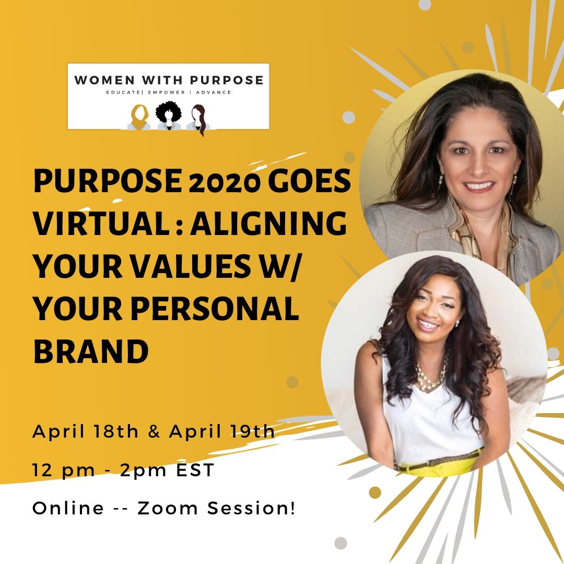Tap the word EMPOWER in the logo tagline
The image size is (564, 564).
pos(167,92)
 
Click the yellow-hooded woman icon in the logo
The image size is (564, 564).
pos(139,117)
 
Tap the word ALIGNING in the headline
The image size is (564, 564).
pos(269,223)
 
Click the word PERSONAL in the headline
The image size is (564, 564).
pos(215,309)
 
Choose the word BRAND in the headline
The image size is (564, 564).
pos(91,351)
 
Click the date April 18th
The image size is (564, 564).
pos(85,431)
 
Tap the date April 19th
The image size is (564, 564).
pos(222,431)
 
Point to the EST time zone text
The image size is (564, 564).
pos(195,470)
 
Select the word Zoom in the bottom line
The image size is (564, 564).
pos(168,508)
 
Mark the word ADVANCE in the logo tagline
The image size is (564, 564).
pos(214,92)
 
